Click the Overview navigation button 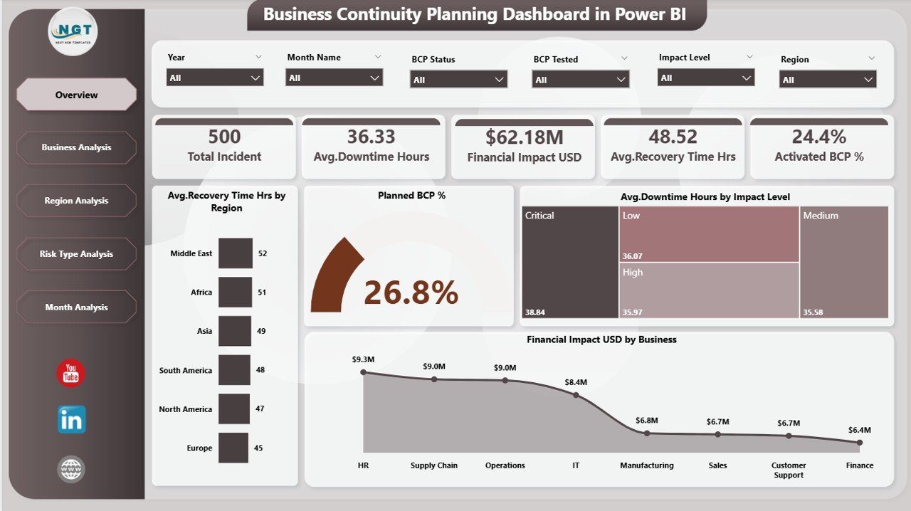tap(76, 95)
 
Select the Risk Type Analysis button tap(76, 254)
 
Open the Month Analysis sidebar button tap(76, 307)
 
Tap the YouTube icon tap(71, 374)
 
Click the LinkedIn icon tap(71, 420)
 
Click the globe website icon tap(71, 469)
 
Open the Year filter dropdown tap(215, 78)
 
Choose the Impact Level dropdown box tap(706, 78)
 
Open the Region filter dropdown tap(828, 80)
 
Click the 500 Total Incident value tap(224, 136)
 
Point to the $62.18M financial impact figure tap(524, 137)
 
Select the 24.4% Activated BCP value tap(818, 136)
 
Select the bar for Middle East tap(235, 253)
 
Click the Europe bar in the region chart tap(233, 448)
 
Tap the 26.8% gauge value tap(411, 293)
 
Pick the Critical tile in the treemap tap(570, 262)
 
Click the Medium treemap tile tap(844, 262)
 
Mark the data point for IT tap(576, 394)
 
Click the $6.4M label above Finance tap(859, 430)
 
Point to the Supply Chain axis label tap(434, 465)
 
